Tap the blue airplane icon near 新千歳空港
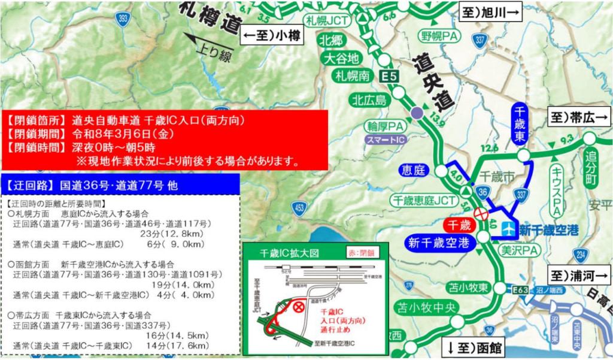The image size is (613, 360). pyautogui.click(x=509, y=228)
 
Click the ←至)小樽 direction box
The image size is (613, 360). pyautogui.click(x=271, y=37)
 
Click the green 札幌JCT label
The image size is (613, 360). pyautogui.click(x=327, y=20)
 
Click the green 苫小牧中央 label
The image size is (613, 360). pyautogui.click(x=420, y=308)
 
